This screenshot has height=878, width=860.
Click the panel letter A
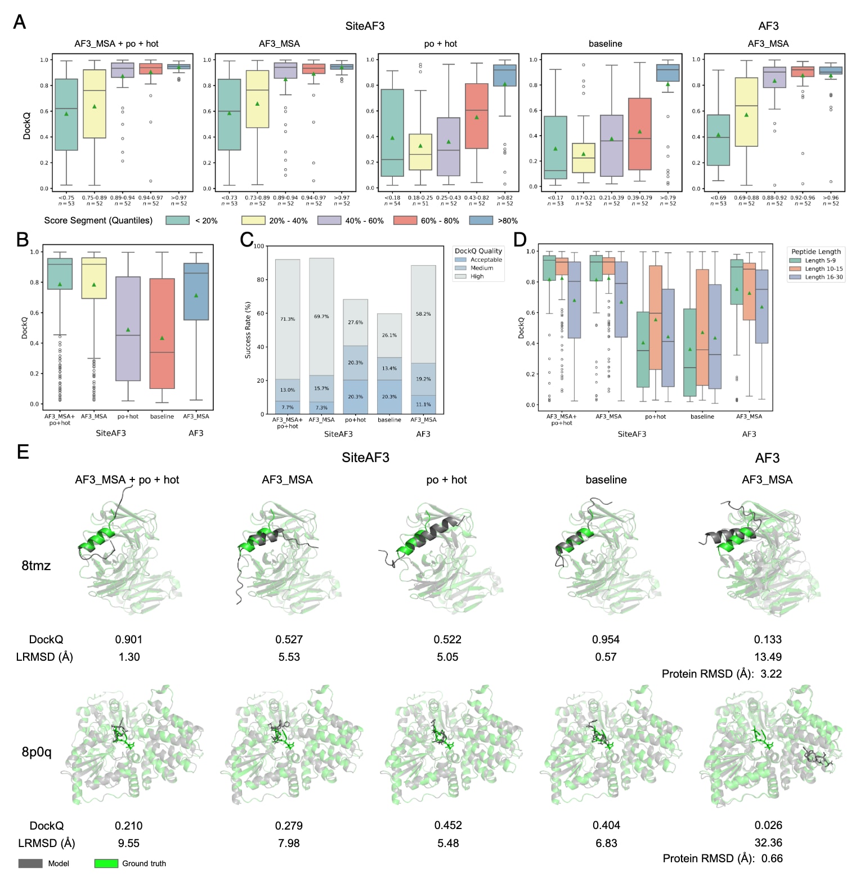point(19,22)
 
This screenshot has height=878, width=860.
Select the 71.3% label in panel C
point(288,319)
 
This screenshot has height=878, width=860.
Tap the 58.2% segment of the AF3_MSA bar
point(423,314)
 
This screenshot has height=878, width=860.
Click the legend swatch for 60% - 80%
point(405,221)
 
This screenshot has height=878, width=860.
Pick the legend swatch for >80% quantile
point(481,221)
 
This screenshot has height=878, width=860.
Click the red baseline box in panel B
point(162,333)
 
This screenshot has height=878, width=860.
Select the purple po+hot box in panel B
point(128,329)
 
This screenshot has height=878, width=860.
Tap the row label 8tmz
point(36,566)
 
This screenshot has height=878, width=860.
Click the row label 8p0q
point(37,752)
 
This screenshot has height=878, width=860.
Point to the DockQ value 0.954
point(606,639)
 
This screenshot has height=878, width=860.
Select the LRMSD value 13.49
point(768,657)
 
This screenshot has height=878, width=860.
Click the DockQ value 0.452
point(448,825)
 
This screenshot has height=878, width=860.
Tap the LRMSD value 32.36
point(768,843)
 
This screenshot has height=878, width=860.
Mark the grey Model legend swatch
point(30,863)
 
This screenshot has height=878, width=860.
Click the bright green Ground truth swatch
point(106,863)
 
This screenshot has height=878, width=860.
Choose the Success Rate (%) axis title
point(248,330)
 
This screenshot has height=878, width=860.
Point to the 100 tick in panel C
point(259,246)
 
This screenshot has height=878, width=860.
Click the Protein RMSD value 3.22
point(771,674)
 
